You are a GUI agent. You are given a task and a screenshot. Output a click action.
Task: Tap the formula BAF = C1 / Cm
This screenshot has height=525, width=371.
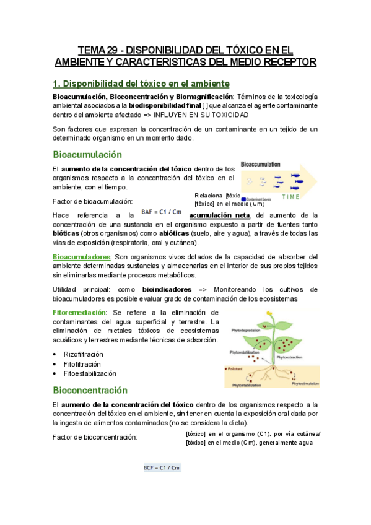click(x=161, y=212)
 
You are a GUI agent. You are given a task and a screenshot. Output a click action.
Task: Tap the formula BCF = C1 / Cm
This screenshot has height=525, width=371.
click(x=162, y=468)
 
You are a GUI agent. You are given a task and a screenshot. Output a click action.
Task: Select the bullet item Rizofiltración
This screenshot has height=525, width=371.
click(x=83, y=354)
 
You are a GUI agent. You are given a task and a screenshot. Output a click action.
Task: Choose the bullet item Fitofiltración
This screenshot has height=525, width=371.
click(x=82, y=364)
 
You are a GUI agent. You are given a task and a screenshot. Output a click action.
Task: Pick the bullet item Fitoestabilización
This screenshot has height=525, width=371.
click(x=89, y=374)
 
